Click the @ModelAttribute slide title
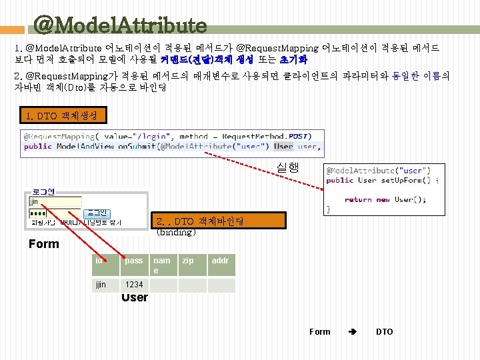click(x=120, y=25)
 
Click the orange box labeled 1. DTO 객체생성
click(x=62, y=116)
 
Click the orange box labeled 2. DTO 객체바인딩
click(x=219, y=221)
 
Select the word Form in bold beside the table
click(x=44, y=244)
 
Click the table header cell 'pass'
click(x=134, y=261)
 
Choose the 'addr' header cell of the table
click(x=220, y=261)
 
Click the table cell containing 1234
click(x=134, y=285)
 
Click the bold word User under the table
click(x=135, y=297)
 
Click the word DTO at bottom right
click(x=385, y=331)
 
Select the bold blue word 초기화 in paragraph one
click(x=280, y=59)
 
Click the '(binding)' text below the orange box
click(x=176, y=233)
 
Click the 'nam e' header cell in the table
click(x=161, y=265)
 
